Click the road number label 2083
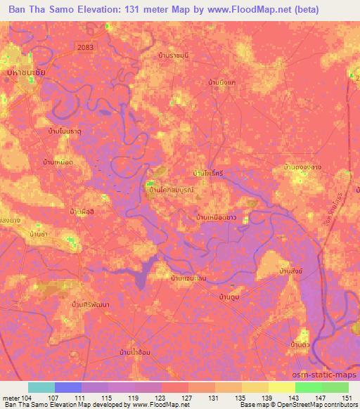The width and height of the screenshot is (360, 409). tap(84, 45)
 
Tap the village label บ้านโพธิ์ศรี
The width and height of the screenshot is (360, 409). tap(208, 172)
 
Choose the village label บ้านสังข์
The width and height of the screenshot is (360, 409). tap(291, 271)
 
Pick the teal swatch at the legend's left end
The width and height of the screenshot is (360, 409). tap(41, 387)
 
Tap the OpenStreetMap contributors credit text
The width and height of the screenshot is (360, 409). tap(309, 405)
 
